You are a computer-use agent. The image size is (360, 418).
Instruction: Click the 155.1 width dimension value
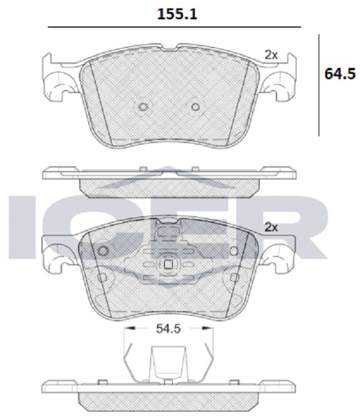coord(177,14)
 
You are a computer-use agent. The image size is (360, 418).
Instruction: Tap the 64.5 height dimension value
coord(340,74)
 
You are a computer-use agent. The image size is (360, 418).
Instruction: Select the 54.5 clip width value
coord(168,329)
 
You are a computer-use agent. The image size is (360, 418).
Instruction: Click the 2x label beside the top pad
coord(271,55)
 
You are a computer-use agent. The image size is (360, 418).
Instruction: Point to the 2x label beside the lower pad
coord(271,228)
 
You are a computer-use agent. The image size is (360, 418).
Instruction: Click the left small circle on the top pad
coord(143,107)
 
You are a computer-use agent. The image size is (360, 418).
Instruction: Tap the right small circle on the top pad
coord(196,107)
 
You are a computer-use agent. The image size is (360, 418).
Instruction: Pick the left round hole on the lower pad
coord(103,251)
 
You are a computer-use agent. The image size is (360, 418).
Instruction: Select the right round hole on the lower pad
coord(234,251)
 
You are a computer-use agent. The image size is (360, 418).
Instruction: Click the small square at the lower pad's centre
coord(168,264)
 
